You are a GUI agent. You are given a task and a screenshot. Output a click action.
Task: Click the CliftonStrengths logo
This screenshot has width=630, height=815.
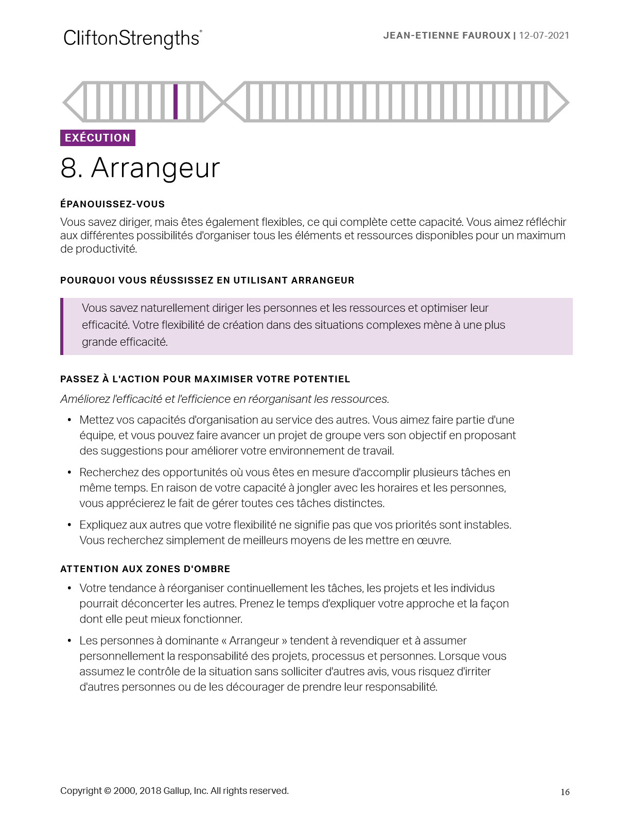click(132, 39)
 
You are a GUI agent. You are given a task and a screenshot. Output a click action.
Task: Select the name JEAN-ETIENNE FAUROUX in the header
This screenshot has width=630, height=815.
click(447, 36)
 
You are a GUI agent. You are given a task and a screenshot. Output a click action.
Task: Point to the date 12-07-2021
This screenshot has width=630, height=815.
click(544, 36)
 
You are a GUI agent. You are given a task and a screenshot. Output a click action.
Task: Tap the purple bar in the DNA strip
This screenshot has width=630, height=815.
click(176, 101)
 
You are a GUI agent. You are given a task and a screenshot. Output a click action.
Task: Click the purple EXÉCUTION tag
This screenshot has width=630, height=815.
click(98, 138)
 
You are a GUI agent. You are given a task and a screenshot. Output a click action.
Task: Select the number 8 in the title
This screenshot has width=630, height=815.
click(69, 168)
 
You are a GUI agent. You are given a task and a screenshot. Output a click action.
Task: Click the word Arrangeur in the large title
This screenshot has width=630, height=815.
click(155, 168)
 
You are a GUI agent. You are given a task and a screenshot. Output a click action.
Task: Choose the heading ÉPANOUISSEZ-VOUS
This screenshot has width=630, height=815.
click(112, 204)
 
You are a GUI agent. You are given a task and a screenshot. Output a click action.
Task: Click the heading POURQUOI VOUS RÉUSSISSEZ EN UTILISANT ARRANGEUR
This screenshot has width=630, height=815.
click(207, 280)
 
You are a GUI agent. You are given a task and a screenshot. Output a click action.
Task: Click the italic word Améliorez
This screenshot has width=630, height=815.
click(85, 399)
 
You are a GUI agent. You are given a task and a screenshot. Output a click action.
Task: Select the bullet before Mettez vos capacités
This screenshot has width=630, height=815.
click(69, 420)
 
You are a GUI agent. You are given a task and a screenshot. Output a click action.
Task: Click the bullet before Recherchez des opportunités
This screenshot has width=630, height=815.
click(69, 473)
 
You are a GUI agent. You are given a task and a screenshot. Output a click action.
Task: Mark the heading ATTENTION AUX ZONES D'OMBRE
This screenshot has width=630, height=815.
click(145, 569)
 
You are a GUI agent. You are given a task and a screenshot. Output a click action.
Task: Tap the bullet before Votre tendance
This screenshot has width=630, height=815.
click(69, 589)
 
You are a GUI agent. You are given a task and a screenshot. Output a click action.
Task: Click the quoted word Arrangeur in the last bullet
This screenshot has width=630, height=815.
click(254, 641)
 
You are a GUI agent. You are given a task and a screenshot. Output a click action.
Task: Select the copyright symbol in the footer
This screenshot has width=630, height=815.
click(108, 791)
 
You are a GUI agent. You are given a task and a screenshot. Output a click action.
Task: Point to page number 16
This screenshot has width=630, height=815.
click(565, 792)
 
